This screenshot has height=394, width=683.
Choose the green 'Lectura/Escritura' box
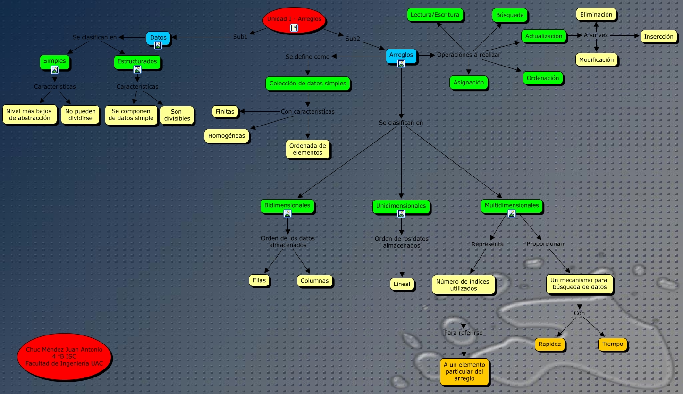435,15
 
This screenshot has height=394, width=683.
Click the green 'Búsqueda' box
510,15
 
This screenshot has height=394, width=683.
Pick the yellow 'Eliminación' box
596,14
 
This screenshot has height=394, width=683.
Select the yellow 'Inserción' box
659,36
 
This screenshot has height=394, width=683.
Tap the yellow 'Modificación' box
596,59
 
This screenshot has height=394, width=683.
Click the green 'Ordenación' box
543,78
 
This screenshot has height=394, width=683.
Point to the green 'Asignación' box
469,82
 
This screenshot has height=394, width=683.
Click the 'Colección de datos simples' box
308,84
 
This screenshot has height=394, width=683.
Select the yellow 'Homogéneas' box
227,136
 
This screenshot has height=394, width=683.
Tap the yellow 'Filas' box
259,280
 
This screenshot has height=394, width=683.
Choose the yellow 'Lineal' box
402,284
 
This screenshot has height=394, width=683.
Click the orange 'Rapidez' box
550,344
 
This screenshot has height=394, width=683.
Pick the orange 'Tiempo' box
613,344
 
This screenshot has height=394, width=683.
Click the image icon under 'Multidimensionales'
511,213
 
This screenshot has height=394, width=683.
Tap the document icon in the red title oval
294,28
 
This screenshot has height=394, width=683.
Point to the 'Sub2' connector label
353,39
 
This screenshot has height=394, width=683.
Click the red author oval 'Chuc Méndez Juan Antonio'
64,356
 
